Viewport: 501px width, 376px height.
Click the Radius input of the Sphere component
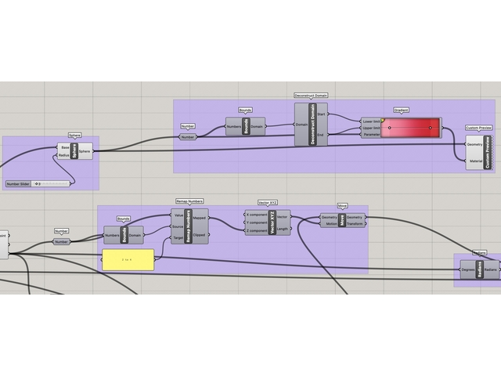coord(64,155)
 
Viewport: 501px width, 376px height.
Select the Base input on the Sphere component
coord(65,147)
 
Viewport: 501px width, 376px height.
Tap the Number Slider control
coord(38,184)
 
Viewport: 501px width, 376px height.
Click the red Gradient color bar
coord(411,128)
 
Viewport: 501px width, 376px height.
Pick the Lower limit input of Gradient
coord(371,121)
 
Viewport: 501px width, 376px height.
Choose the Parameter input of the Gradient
coord(371,134)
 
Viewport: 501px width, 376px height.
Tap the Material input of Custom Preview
coord(474,161)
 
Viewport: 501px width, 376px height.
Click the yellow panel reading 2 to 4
coord(128,259)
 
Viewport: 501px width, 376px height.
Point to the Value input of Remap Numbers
coord(178,215)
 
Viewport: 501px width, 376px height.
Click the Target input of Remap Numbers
coord(178,237)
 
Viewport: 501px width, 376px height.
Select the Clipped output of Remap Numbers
coord(200,234)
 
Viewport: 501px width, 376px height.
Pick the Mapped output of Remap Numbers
coord(200,219)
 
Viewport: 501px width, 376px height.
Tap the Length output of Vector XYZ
coord(282,229)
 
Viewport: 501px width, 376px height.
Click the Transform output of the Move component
coord(355,224)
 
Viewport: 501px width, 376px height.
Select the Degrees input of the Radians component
coord(467,269)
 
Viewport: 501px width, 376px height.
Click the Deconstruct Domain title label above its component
coord(311,95)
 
